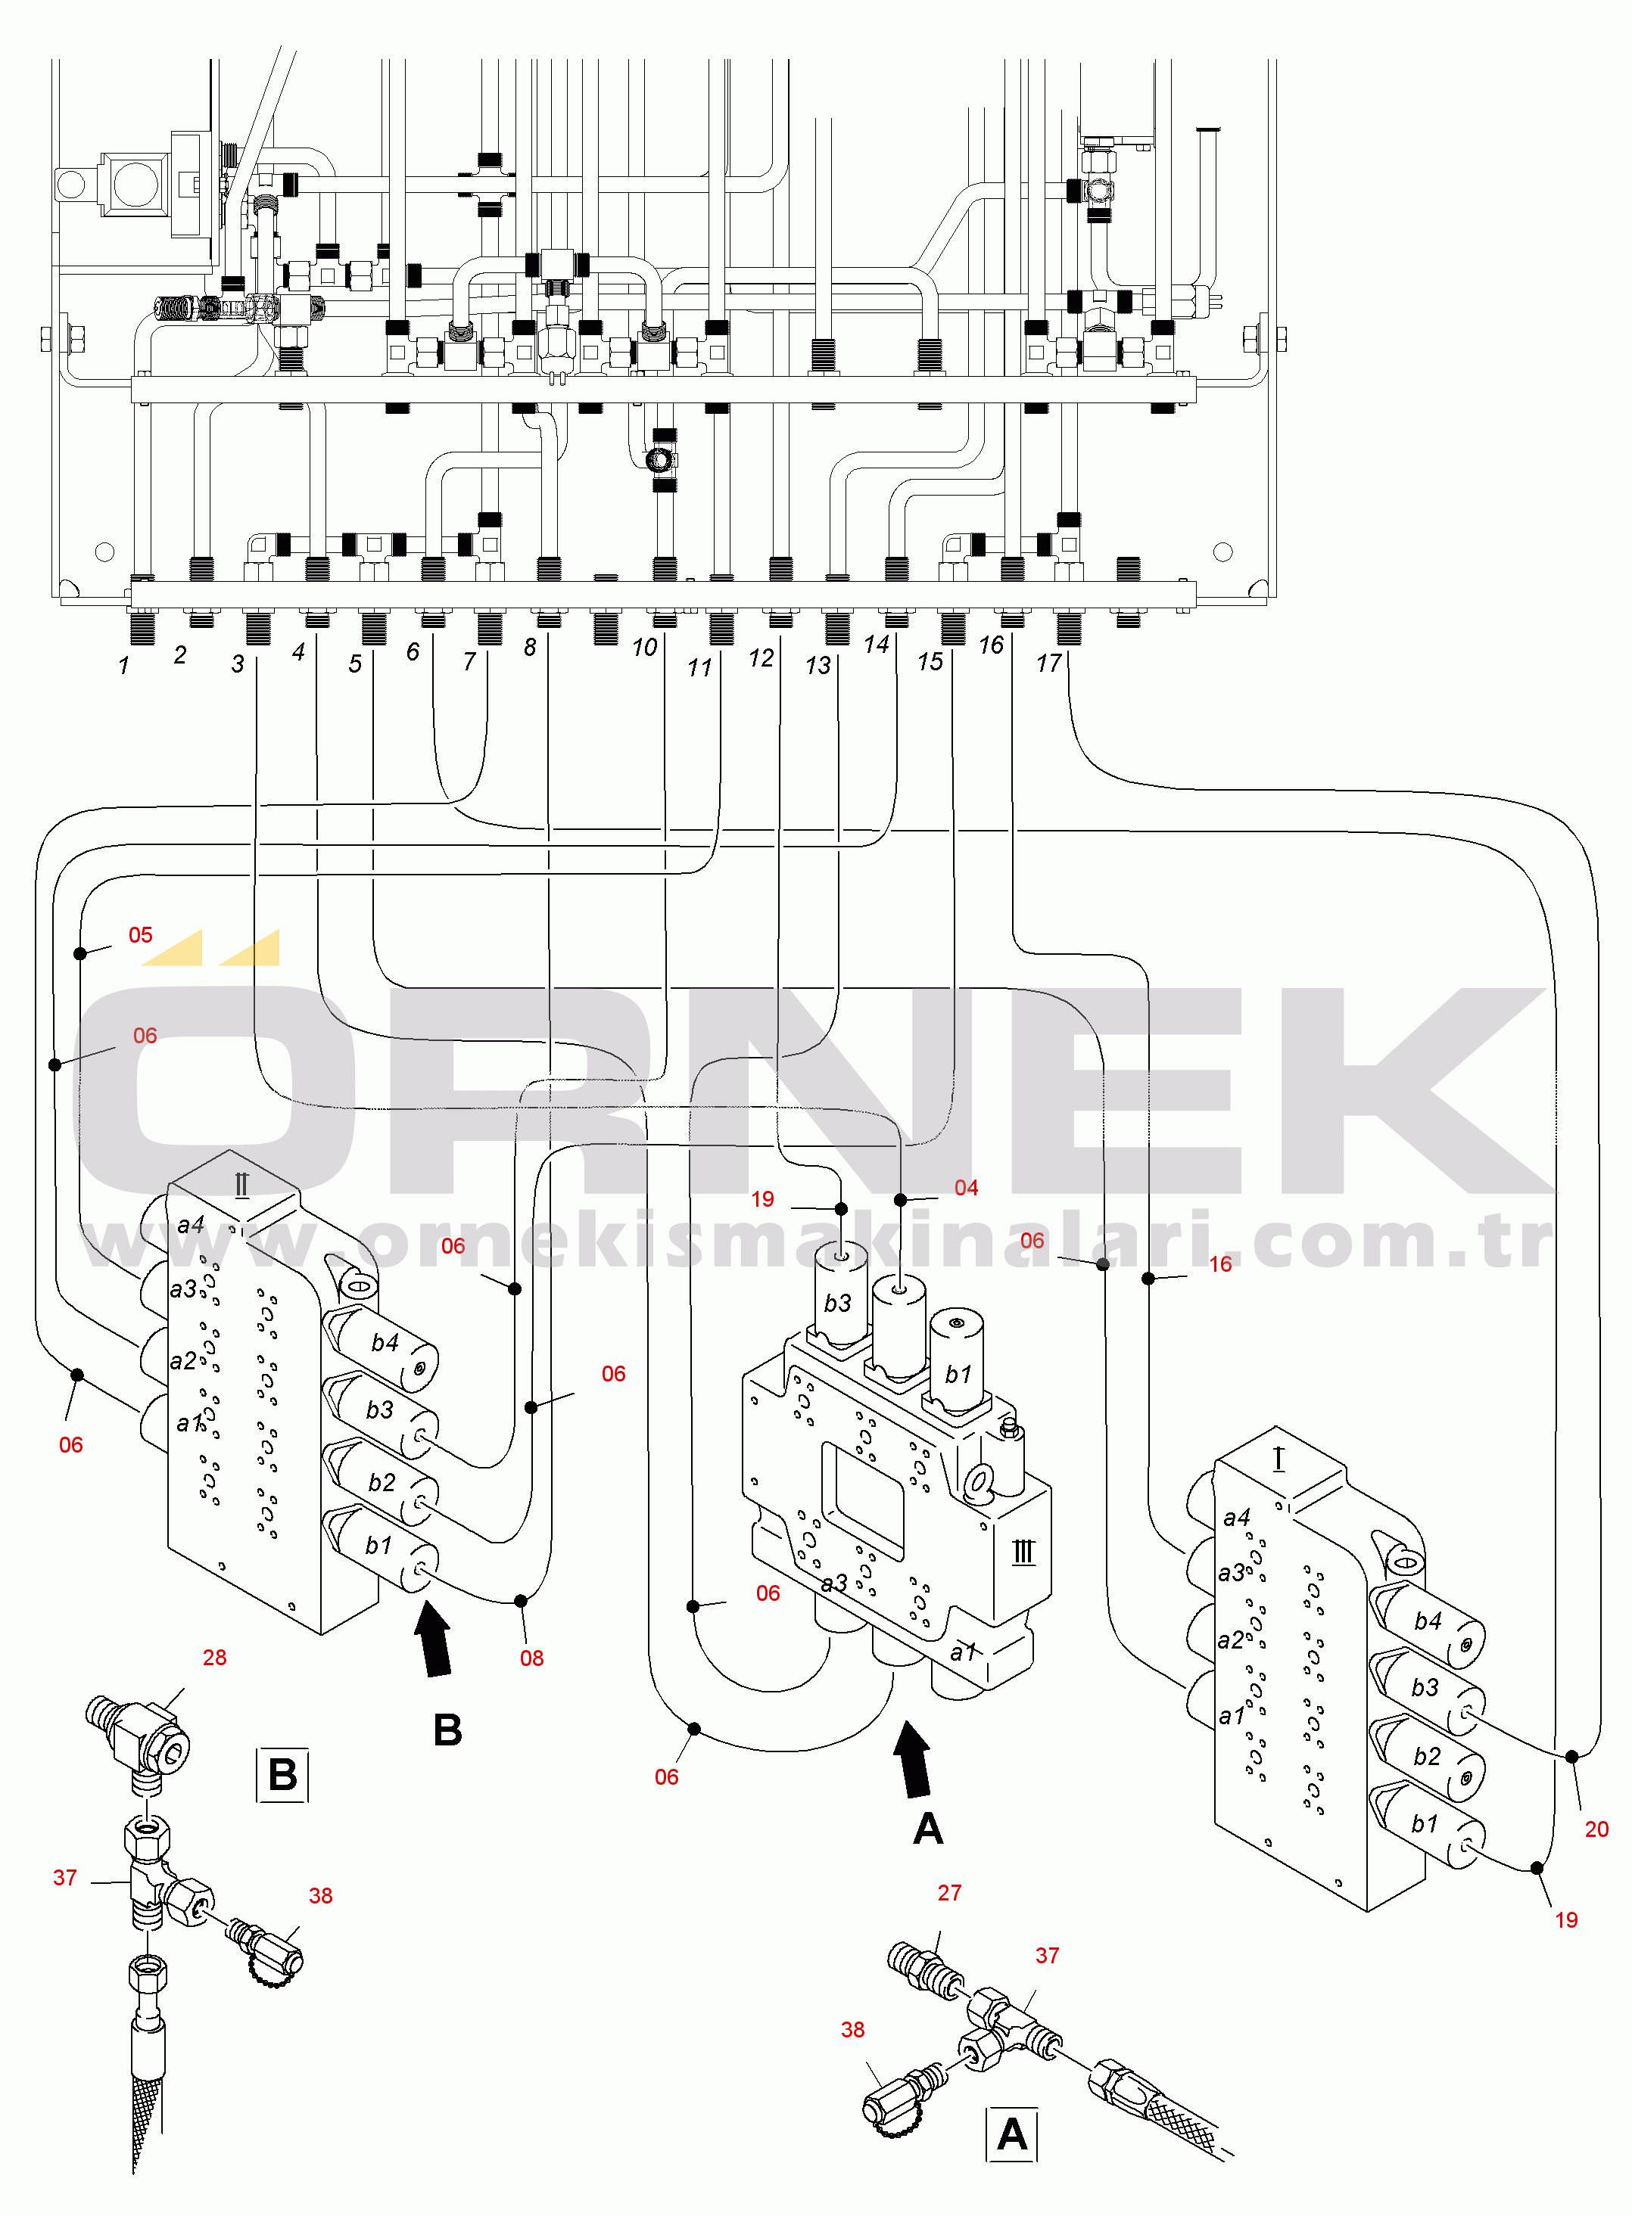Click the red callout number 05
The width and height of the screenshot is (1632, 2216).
(x=140, y=934)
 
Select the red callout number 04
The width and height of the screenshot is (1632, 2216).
(x=965, y=1187)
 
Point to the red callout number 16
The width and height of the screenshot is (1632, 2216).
(x=1220, y=1264)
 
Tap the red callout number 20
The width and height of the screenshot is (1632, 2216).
(x=1596, y=1829)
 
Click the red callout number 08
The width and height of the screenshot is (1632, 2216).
(x=531, y=1658)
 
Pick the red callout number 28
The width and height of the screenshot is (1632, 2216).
(x=214, y=1657)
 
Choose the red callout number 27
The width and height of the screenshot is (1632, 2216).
(x=948, y=1892)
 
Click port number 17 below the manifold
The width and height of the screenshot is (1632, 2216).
(x=1048, y=663)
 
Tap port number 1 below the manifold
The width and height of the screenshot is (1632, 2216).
(x=123, y=666)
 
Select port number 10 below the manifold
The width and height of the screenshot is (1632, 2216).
(x=644, y=647)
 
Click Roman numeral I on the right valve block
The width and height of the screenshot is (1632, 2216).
(x=1279, y=1459)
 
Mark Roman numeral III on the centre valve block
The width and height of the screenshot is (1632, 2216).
(x=1023, y=1552)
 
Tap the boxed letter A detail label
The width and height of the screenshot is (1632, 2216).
(x=1011, y=2134)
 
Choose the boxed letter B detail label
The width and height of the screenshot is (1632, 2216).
(x=282, y=1775)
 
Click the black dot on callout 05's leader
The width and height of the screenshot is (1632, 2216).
(x=80, y=953)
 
